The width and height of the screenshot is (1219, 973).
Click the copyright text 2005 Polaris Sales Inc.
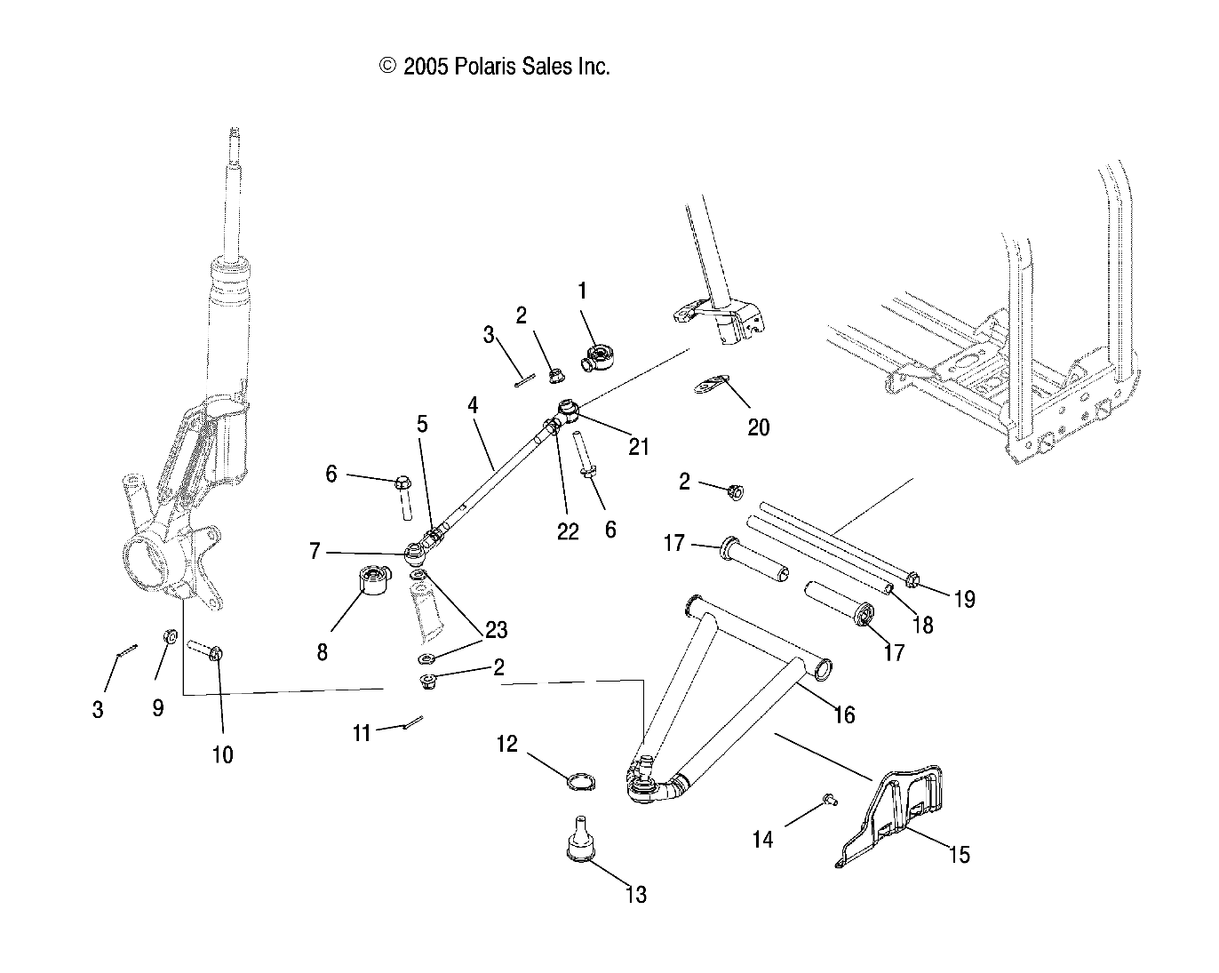494,67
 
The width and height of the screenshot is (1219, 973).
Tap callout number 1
582,291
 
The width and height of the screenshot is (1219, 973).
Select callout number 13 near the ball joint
635,894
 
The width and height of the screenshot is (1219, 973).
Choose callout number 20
758,427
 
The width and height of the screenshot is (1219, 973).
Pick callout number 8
322,652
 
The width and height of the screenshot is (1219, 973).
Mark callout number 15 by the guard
959,854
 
